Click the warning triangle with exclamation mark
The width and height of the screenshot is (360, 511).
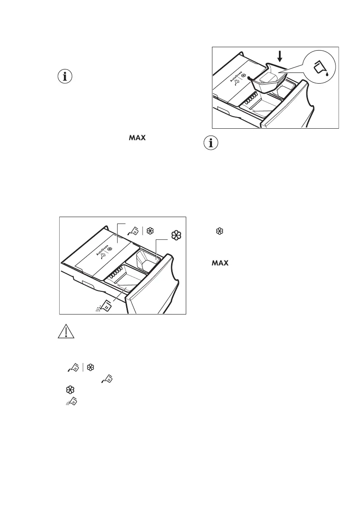[66, 331]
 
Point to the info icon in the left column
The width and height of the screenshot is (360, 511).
[65, 77]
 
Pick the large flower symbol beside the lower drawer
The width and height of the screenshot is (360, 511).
[175, 235]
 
